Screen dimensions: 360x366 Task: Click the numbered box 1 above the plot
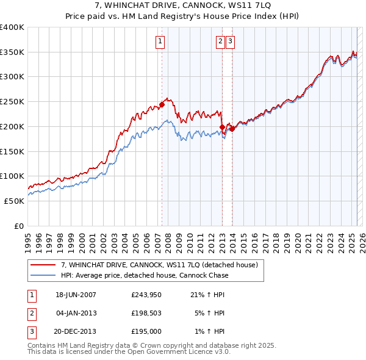tap(160, 41)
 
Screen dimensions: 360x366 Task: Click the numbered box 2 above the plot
tap(220, 41)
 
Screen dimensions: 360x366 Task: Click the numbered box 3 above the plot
tap(231, 41)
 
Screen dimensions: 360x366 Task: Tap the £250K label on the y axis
tap(12, 102)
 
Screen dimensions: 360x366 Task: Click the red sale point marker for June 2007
tap(162, 104)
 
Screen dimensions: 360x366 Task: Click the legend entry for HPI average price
tap(144, 275)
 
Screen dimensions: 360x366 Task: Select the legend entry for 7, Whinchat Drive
tap(159, 265)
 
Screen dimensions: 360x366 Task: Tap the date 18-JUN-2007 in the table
tap(76, 295)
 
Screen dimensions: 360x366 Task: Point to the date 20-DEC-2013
tap(76, 331)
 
